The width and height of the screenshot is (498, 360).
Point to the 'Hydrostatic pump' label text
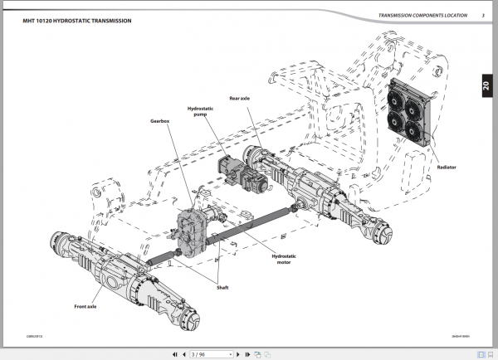(x=201, y=110)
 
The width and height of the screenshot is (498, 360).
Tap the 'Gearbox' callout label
(x=161, y=119)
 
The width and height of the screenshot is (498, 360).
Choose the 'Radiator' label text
(x=447, y=168)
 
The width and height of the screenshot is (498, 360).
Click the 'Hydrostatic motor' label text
(x=284, y=259)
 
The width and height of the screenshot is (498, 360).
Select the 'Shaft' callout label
(x=222, y=287)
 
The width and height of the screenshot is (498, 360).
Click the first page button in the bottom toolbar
(x=173, y=353)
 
